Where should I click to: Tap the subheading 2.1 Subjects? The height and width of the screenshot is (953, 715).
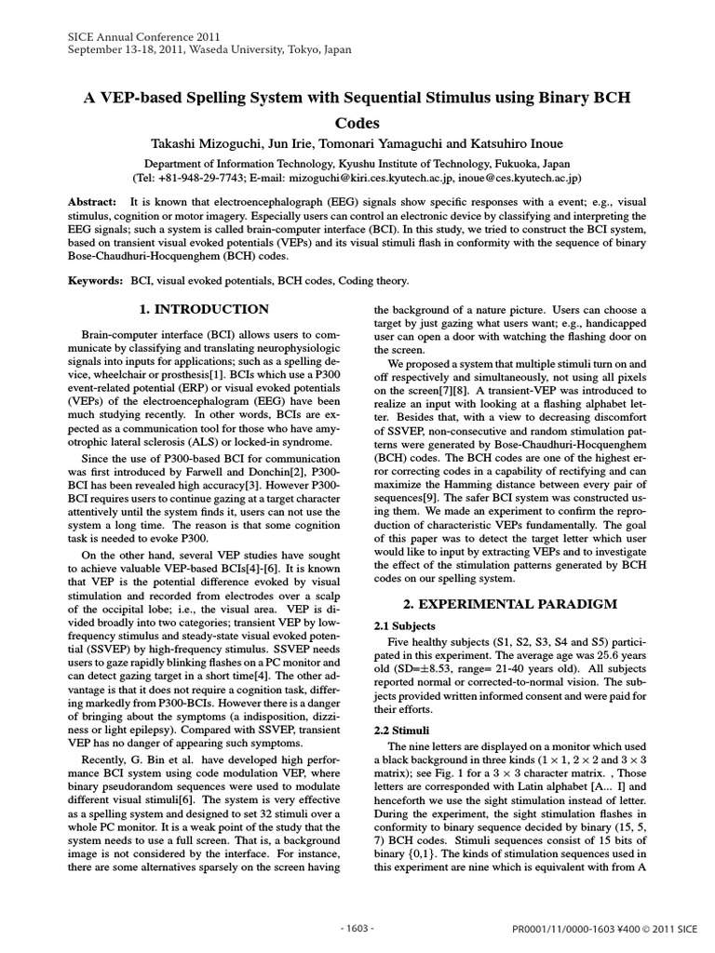(405, 626)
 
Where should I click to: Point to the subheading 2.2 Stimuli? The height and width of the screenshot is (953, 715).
(402, 732)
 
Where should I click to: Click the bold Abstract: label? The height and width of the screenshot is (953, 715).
(93, 202)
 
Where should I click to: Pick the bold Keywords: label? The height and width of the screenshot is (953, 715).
(96, 280)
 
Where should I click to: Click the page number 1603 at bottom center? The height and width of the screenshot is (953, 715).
(357, 928)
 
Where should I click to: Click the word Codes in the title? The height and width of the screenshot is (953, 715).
(357, 122)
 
